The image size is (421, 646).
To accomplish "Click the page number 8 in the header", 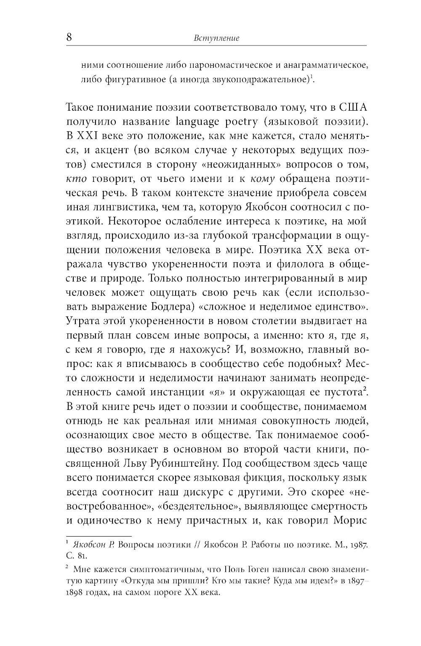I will coord(69,37).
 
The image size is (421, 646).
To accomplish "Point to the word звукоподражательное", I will coord(261,80).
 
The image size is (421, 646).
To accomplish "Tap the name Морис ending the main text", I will coord(350,520).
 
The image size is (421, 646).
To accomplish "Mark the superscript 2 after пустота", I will coord(366,390).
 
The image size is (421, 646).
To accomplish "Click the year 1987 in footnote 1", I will coord(359,545).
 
